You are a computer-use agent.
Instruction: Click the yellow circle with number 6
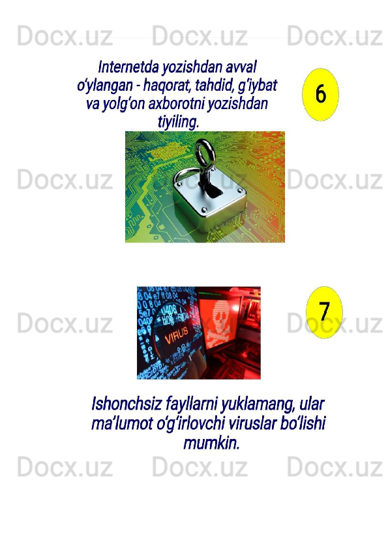(320, 94)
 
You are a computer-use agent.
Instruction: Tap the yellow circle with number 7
(324, 312)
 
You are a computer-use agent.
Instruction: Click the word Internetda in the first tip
(128, 67)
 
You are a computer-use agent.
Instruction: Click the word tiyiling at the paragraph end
(178, 122)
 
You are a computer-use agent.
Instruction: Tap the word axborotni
(177, 104)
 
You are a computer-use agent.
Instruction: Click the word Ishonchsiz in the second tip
(126, 404)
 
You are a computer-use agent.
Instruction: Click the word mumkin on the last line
(211, 443)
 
